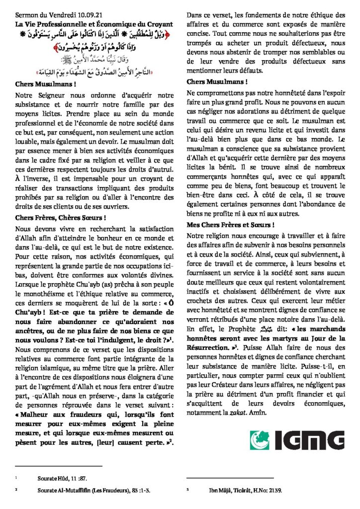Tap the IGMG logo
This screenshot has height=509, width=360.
[297, 440]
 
